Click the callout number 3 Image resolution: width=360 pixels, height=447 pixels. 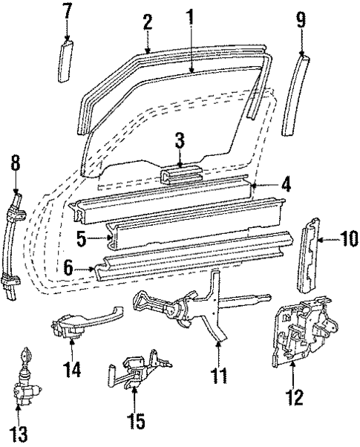(180, 140)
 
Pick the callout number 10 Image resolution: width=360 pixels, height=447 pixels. (348, 239)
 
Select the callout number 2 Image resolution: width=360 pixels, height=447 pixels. (148, 22)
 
